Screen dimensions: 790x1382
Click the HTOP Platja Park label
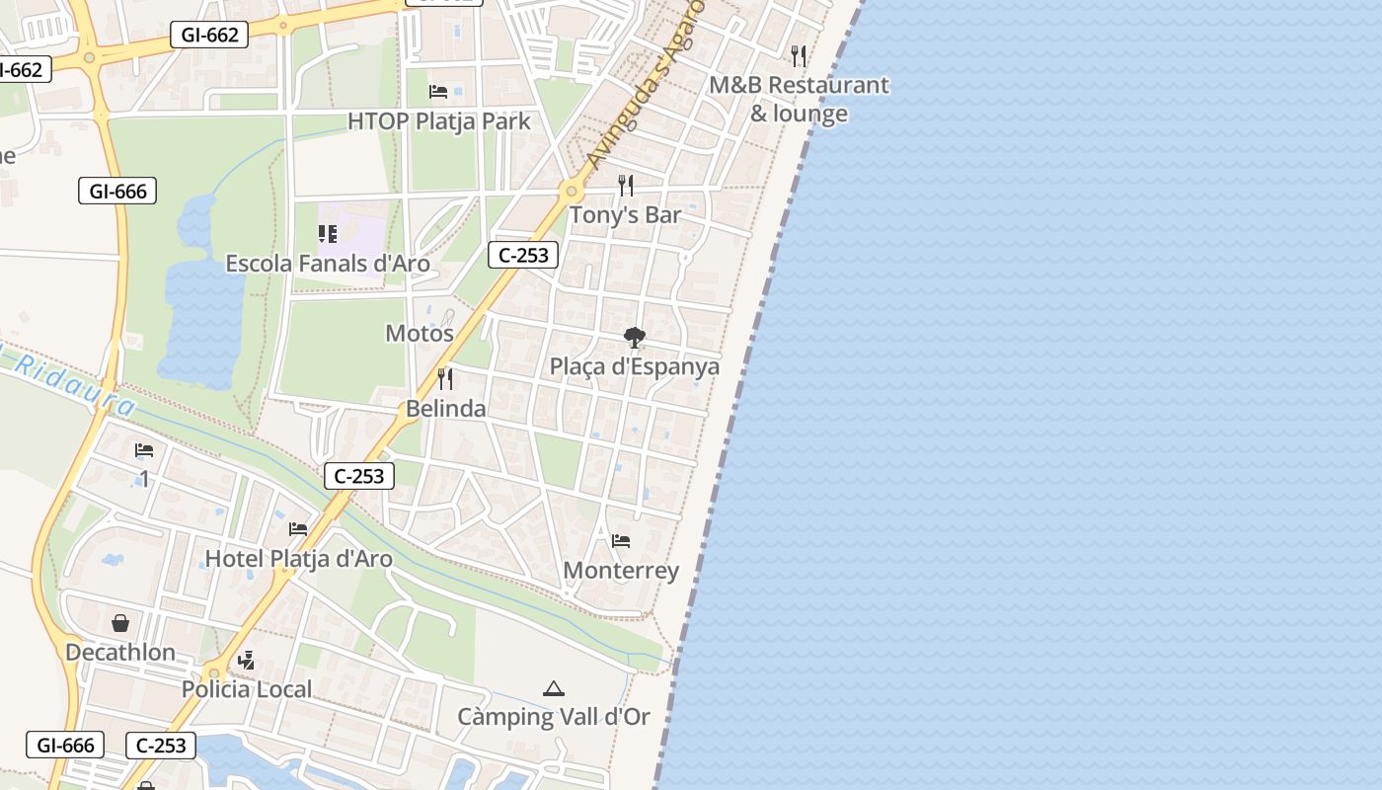pyautogui.click(x=438, y=121)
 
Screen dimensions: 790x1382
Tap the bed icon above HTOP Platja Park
pyautogui.click(x=438, y=92)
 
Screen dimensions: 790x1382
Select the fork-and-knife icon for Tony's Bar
pyautogui.click(x=626, y=185)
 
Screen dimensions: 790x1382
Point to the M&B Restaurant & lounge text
pyautogui.click(x=799, y=99)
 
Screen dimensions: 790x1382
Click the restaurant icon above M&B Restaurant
pyautogui.click(x=799, y=55)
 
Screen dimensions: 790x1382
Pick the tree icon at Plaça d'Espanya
pyautogui.click(x=635, y=339)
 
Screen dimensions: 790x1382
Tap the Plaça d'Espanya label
pyautogui.click(x=635, y=366)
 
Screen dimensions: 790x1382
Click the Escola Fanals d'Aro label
pyautogui.click(x=328, y=264)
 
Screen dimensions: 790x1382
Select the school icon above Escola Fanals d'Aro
pyautogui.click(x=328, y=234)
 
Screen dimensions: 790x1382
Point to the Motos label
pyautogui.click(x=420, y=333)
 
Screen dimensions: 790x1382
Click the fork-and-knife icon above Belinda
pyautogui.click(x=445, y=378)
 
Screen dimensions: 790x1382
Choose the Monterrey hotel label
pyautogui.click(x=621, y=571)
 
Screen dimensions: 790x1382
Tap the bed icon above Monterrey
pyautogui.click(x=621, y=541)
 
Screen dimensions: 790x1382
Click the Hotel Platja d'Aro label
pyautogui.click(x=298, y=559)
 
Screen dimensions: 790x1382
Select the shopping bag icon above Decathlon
pyautogui.click(x=120, y=623)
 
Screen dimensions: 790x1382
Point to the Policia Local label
pyautogui.click(x=247, y=689)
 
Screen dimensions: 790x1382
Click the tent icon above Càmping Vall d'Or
pyautogui.click(x=554, y=688)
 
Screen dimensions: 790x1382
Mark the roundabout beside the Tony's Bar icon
pyautogui.click(x=572, y=191)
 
